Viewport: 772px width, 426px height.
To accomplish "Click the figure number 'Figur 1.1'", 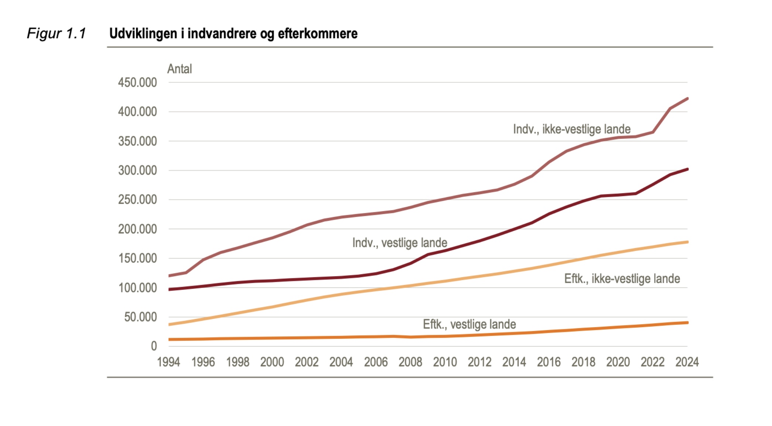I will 57,34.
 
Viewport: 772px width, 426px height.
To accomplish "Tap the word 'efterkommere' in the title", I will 318,34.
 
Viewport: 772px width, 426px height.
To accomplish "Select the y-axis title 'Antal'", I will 180,69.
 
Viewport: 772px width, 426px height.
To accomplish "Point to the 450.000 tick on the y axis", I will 137,82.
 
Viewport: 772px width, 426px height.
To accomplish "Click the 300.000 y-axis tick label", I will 137,170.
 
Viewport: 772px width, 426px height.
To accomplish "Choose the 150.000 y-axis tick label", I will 137,258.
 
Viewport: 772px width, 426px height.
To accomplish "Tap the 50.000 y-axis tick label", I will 140,317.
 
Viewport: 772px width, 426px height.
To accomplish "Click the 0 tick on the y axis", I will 154,346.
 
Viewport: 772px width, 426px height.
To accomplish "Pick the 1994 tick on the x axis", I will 168,362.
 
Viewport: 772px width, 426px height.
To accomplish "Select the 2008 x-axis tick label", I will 410,362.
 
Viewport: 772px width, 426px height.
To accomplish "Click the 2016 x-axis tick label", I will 549,362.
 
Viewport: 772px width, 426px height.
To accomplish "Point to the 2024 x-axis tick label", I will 687,362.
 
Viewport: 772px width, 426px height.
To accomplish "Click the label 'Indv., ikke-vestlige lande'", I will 572,129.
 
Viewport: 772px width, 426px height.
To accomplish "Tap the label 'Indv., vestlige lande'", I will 400,243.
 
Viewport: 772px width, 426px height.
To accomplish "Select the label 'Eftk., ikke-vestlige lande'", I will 622,279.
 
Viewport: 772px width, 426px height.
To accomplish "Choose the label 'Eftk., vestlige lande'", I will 469,324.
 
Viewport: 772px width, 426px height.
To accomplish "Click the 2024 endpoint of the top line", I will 687,99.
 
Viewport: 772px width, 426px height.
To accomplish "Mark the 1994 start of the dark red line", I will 169,289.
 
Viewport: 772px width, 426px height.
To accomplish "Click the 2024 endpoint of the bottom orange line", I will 687,323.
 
